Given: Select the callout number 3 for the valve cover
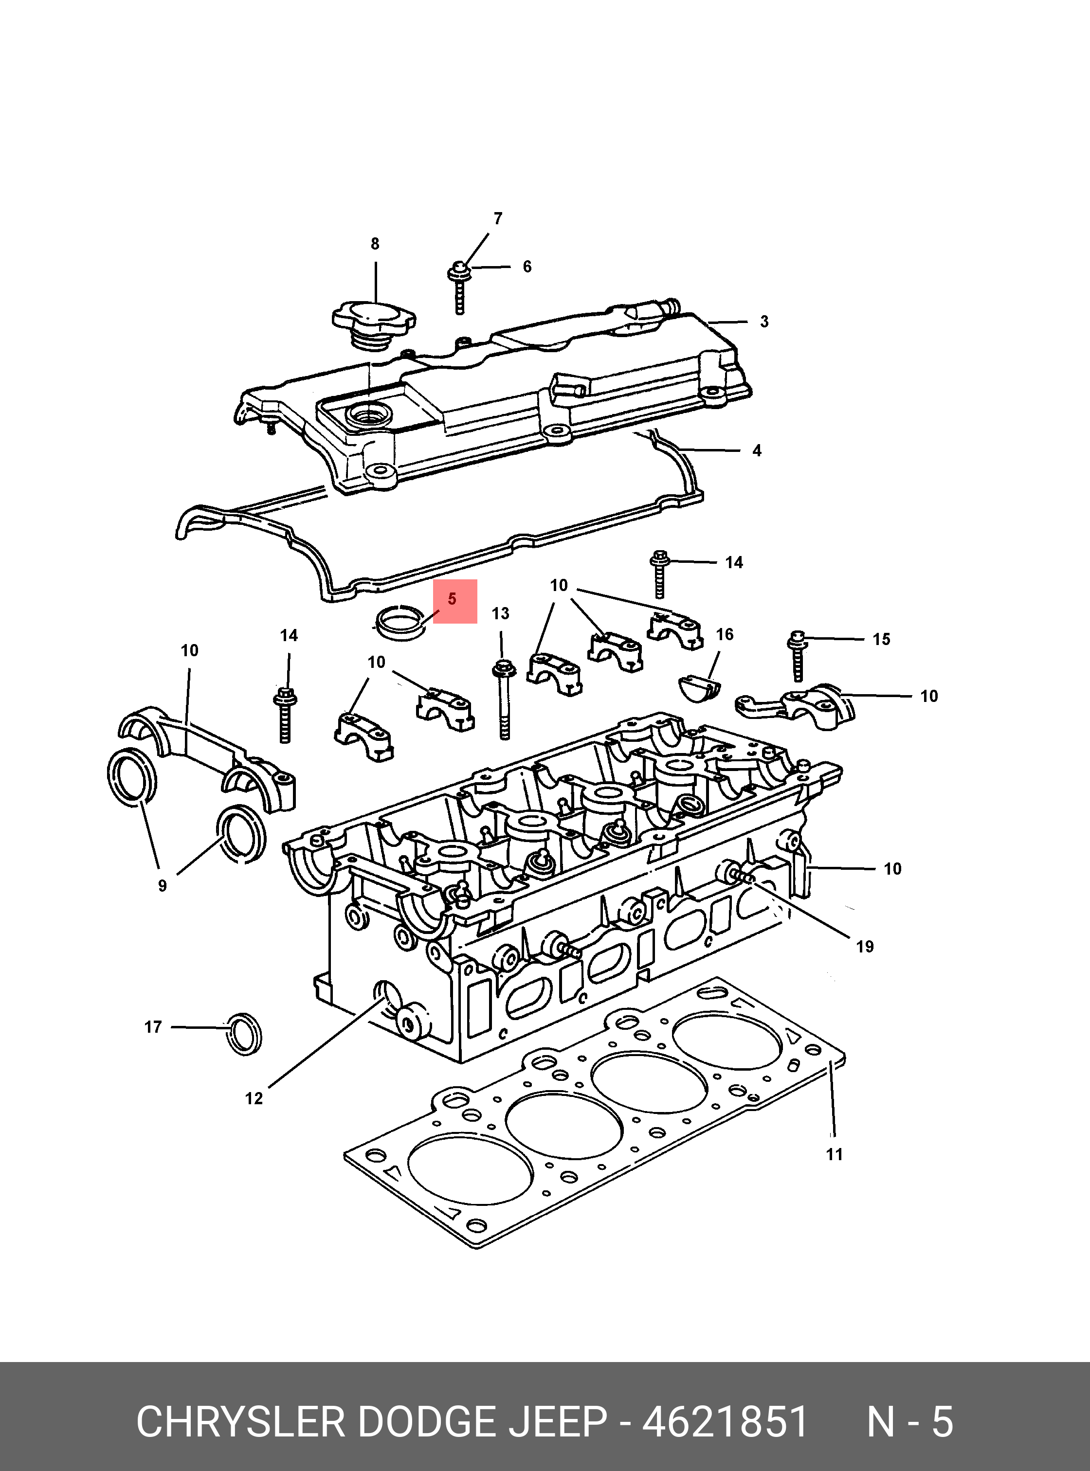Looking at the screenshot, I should pyautogui.click(x=764, y=322).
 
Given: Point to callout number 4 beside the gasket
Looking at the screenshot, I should pyautogui.click(x=757, y=450).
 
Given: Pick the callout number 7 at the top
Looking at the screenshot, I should pyautogui.click(x=498, y=218).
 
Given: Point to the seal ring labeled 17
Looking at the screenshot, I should pyautogui.click(x=243, y=1033).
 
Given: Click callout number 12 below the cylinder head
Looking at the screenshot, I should pyautogui.click(x=254, y=1098).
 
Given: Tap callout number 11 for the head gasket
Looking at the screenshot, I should pyautogui.click(x=835, y=1154).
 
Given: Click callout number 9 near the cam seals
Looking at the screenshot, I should pyautogui.click(x=163, y=886).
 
